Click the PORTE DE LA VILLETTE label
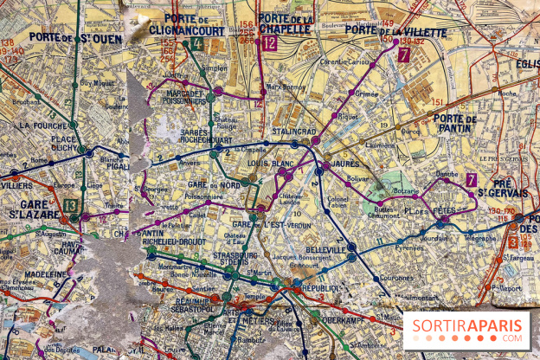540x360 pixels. click(395, 32)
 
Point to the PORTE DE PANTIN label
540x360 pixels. click(455, 124)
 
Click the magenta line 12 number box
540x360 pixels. click(270, 42)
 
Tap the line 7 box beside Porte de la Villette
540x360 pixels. click(404, 55)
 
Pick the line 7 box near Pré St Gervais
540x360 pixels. click(472, 180)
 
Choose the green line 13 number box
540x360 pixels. click(69, 204)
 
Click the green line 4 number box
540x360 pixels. click(197, 43)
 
